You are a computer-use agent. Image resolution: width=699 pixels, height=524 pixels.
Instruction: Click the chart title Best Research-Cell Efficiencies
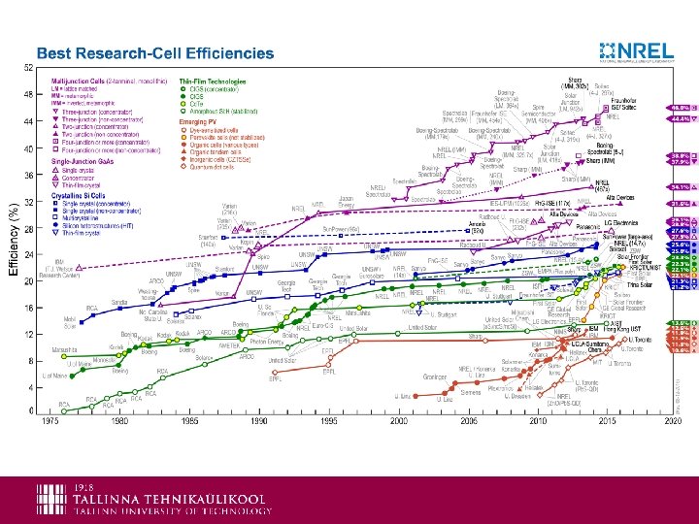(155, 53)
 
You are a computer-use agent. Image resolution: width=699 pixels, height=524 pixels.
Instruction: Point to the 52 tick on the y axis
(28, 67)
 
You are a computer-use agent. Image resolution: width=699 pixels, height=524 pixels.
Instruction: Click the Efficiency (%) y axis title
(13, 238)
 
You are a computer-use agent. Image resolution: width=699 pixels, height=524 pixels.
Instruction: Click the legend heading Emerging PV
(197, 121)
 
